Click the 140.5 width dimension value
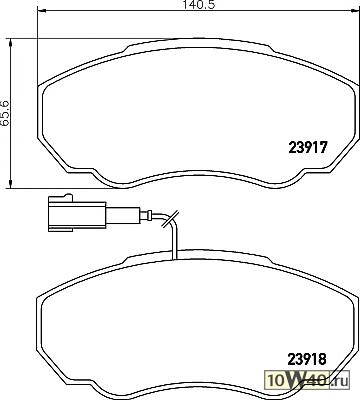(x=200, y=5)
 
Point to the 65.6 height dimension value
(x=6, y=113)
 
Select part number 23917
(x=308, y=147)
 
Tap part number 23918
(x=307, y=359)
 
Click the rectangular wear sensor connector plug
(x=77, y=213)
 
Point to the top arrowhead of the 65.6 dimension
(x=11, y=44)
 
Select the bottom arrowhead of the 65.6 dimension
(x=11, y=182)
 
